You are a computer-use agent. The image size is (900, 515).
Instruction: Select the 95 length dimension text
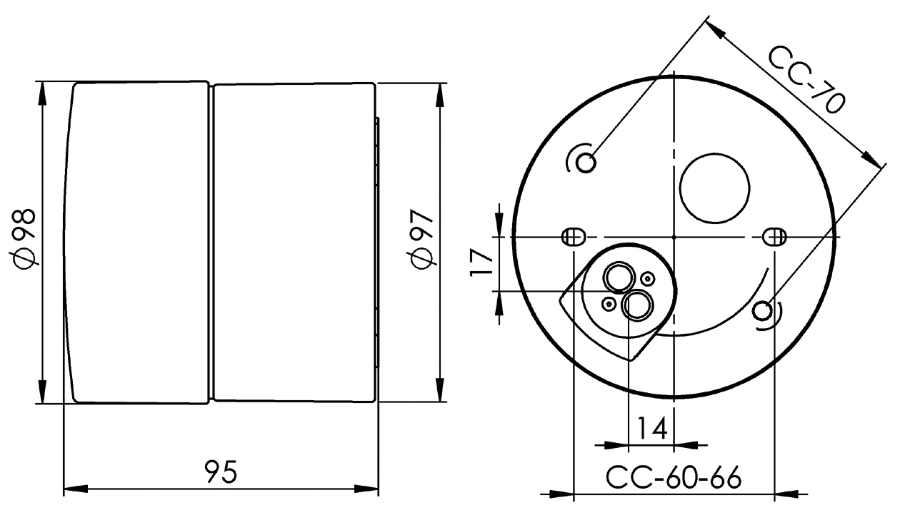[x=221, y=471]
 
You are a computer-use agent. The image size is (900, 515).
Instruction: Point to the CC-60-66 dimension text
[x=674, y=478]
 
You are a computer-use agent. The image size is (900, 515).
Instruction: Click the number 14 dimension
[x=653, y=428]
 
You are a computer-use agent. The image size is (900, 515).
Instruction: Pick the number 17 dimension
[x=481, y=262]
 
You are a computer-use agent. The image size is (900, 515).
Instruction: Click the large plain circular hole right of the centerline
[x=715, y=188]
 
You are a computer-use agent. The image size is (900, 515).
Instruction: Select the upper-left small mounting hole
[x=586, y=163]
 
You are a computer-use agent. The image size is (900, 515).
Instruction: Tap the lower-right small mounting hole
[x=762, y=311]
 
